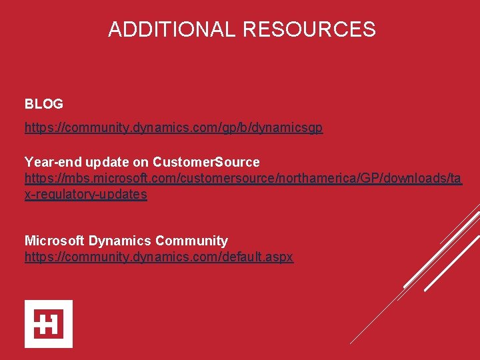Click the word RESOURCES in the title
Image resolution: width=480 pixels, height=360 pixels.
coord(309,29)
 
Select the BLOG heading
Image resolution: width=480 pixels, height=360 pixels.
coord(44,104)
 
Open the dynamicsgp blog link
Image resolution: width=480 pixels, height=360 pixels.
coord(173,127)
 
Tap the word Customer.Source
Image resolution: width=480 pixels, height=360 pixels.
coord(206,162)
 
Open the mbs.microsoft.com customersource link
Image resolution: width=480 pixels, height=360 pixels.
coord(243,178)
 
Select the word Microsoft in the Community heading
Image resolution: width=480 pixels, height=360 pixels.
coord(54,241)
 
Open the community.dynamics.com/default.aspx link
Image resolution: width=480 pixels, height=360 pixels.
coord(159,257)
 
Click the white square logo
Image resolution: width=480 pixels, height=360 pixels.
coord(49,324)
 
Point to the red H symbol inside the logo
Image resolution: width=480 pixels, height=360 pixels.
coord(49,324)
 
